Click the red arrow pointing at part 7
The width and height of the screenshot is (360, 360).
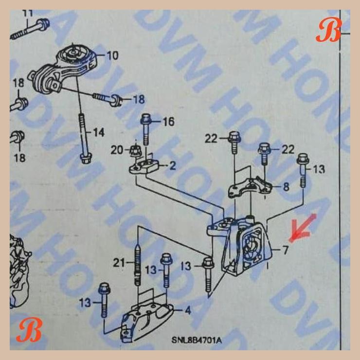(x=301, y=229)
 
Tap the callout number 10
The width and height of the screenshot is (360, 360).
(x=111, y=55)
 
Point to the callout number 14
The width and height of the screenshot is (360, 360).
(x=99, y=132)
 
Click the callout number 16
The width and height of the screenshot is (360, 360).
(x=168, y=121)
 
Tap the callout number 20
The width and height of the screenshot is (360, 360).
(x=117, y=150)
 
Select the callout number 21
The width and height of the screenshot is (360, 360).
(x=120, y=263)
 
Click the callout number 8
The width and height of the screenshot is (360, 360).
(x=286, y=186)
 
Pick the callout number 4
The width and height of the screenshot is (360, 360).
(x=188, y=309)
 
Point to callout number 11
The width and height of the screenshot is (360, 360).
(x=28, y=13)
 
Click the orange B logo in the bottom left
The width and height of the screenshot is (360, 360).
(x=28, y=331)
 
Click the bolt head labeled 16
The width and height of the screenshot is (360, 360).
(x=146, y=119)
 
